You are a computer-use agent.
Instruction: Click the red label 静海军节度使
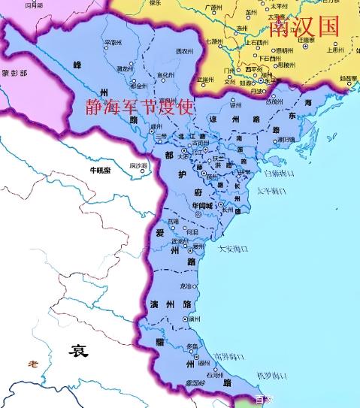tap(141, 110)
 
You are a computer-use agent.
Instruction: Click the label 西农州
tap(184, 50)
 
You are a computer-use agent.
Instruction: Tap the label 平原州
tap(111, 42)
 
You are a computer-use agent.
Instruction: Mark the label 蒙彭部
tap(14, 74)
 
